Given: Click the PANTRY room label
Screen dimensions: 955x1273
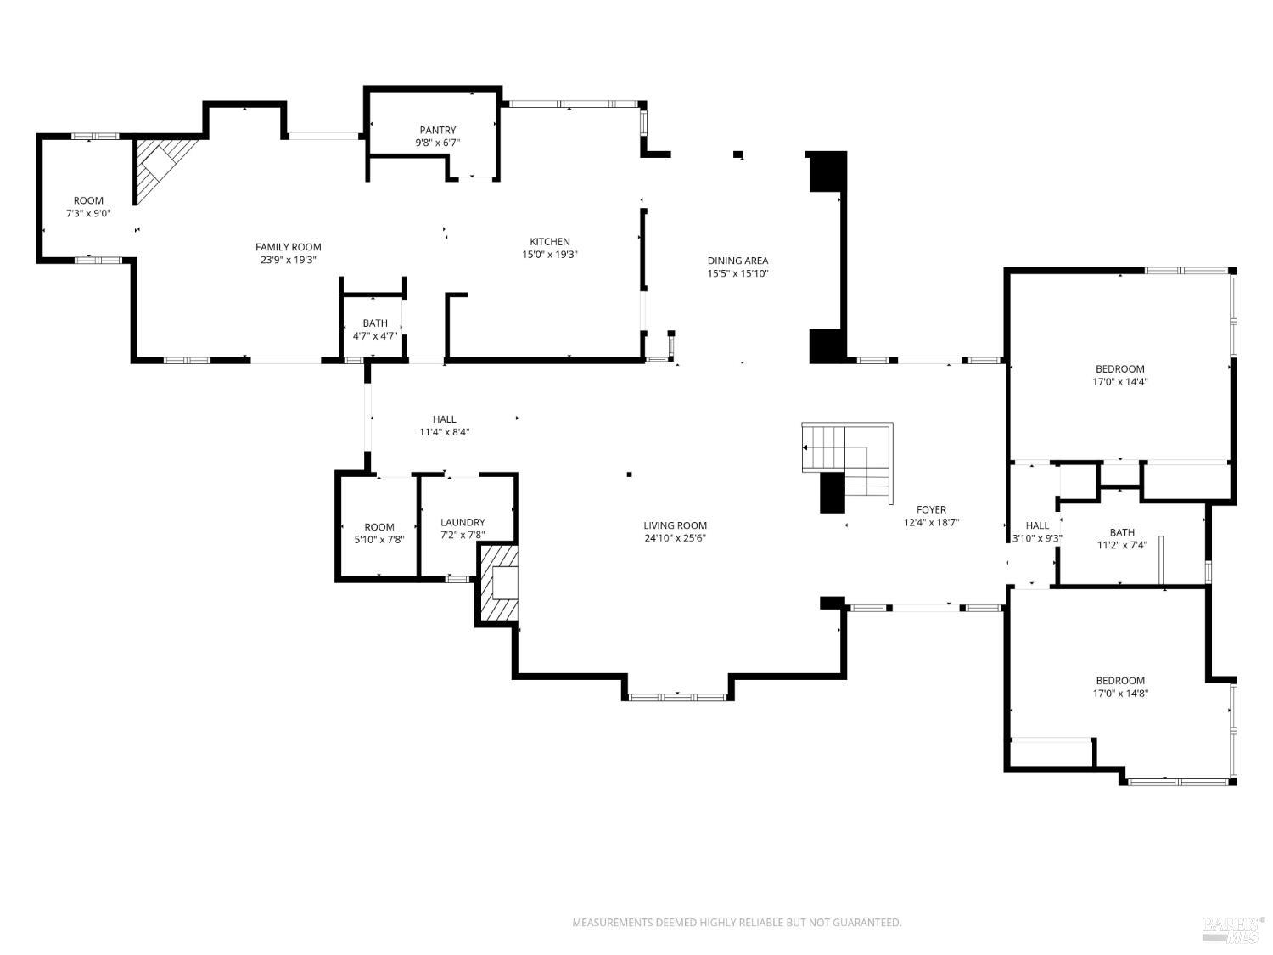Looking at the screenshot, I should tap(437, 131).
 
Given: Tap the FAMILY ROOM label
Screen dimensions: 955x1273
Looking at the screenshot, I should tap(289, 247).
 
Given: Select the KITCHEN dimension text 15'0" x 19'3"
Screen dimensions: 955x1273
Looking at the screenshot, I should tap(550, 254).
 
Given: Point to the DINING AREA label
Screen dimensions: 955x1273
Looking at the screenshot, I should tap(737, 261).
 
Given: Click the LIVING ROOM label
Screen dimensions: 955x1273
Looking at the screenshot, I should tap(675, 525).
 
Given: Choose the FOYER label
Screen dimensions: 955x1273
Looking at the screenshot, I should tap(931, 510).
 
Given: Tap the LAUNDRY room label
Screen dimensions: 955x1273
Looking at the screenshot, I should tap(463, 522).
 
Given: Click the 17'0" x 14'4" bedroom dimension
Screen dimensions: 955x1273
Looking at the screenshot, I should tap(1119, 381).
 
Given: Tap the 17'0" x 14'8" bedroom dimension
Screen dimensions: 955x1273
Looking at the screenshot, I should tap(1119, 693).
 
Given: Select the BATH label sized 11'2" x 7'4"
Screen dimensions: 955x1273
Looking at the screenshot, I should tap(1121, 532).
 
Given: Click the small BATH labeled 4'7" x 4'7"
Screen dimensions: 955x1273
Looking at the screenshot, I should tap(375, 323).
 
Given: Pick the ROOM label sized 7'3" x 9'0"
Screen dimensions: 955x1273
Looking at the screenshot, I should tap(88, 201).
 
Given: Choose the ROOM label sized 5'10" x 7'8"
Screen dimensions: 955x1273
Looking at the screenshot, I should tap(379, 527).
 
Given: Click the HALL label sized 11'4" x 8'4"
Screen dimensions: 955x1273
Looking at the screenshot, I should tap(444, 419).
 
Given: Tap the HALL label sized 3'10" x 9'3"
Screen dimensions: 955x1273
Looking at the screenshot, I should tap(1037, 525).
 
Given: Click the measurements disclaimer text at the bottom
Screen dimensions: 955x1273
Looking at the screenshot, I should tap(737, 922).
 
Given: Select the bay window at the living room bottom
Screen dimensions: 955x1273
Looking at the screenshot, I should tap(677, 697).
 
